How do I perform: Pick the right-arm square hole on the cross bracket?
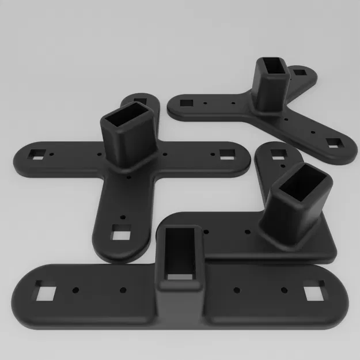pos(227,153)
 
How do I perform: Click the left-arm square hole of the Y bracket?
pos(186,103)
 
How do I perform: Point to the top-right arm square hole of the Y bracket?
pos(298,73)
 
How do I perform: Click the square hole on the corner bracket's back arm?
pos(278,154)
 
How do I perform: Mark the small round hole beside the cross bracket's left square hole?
pos(53,154)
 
